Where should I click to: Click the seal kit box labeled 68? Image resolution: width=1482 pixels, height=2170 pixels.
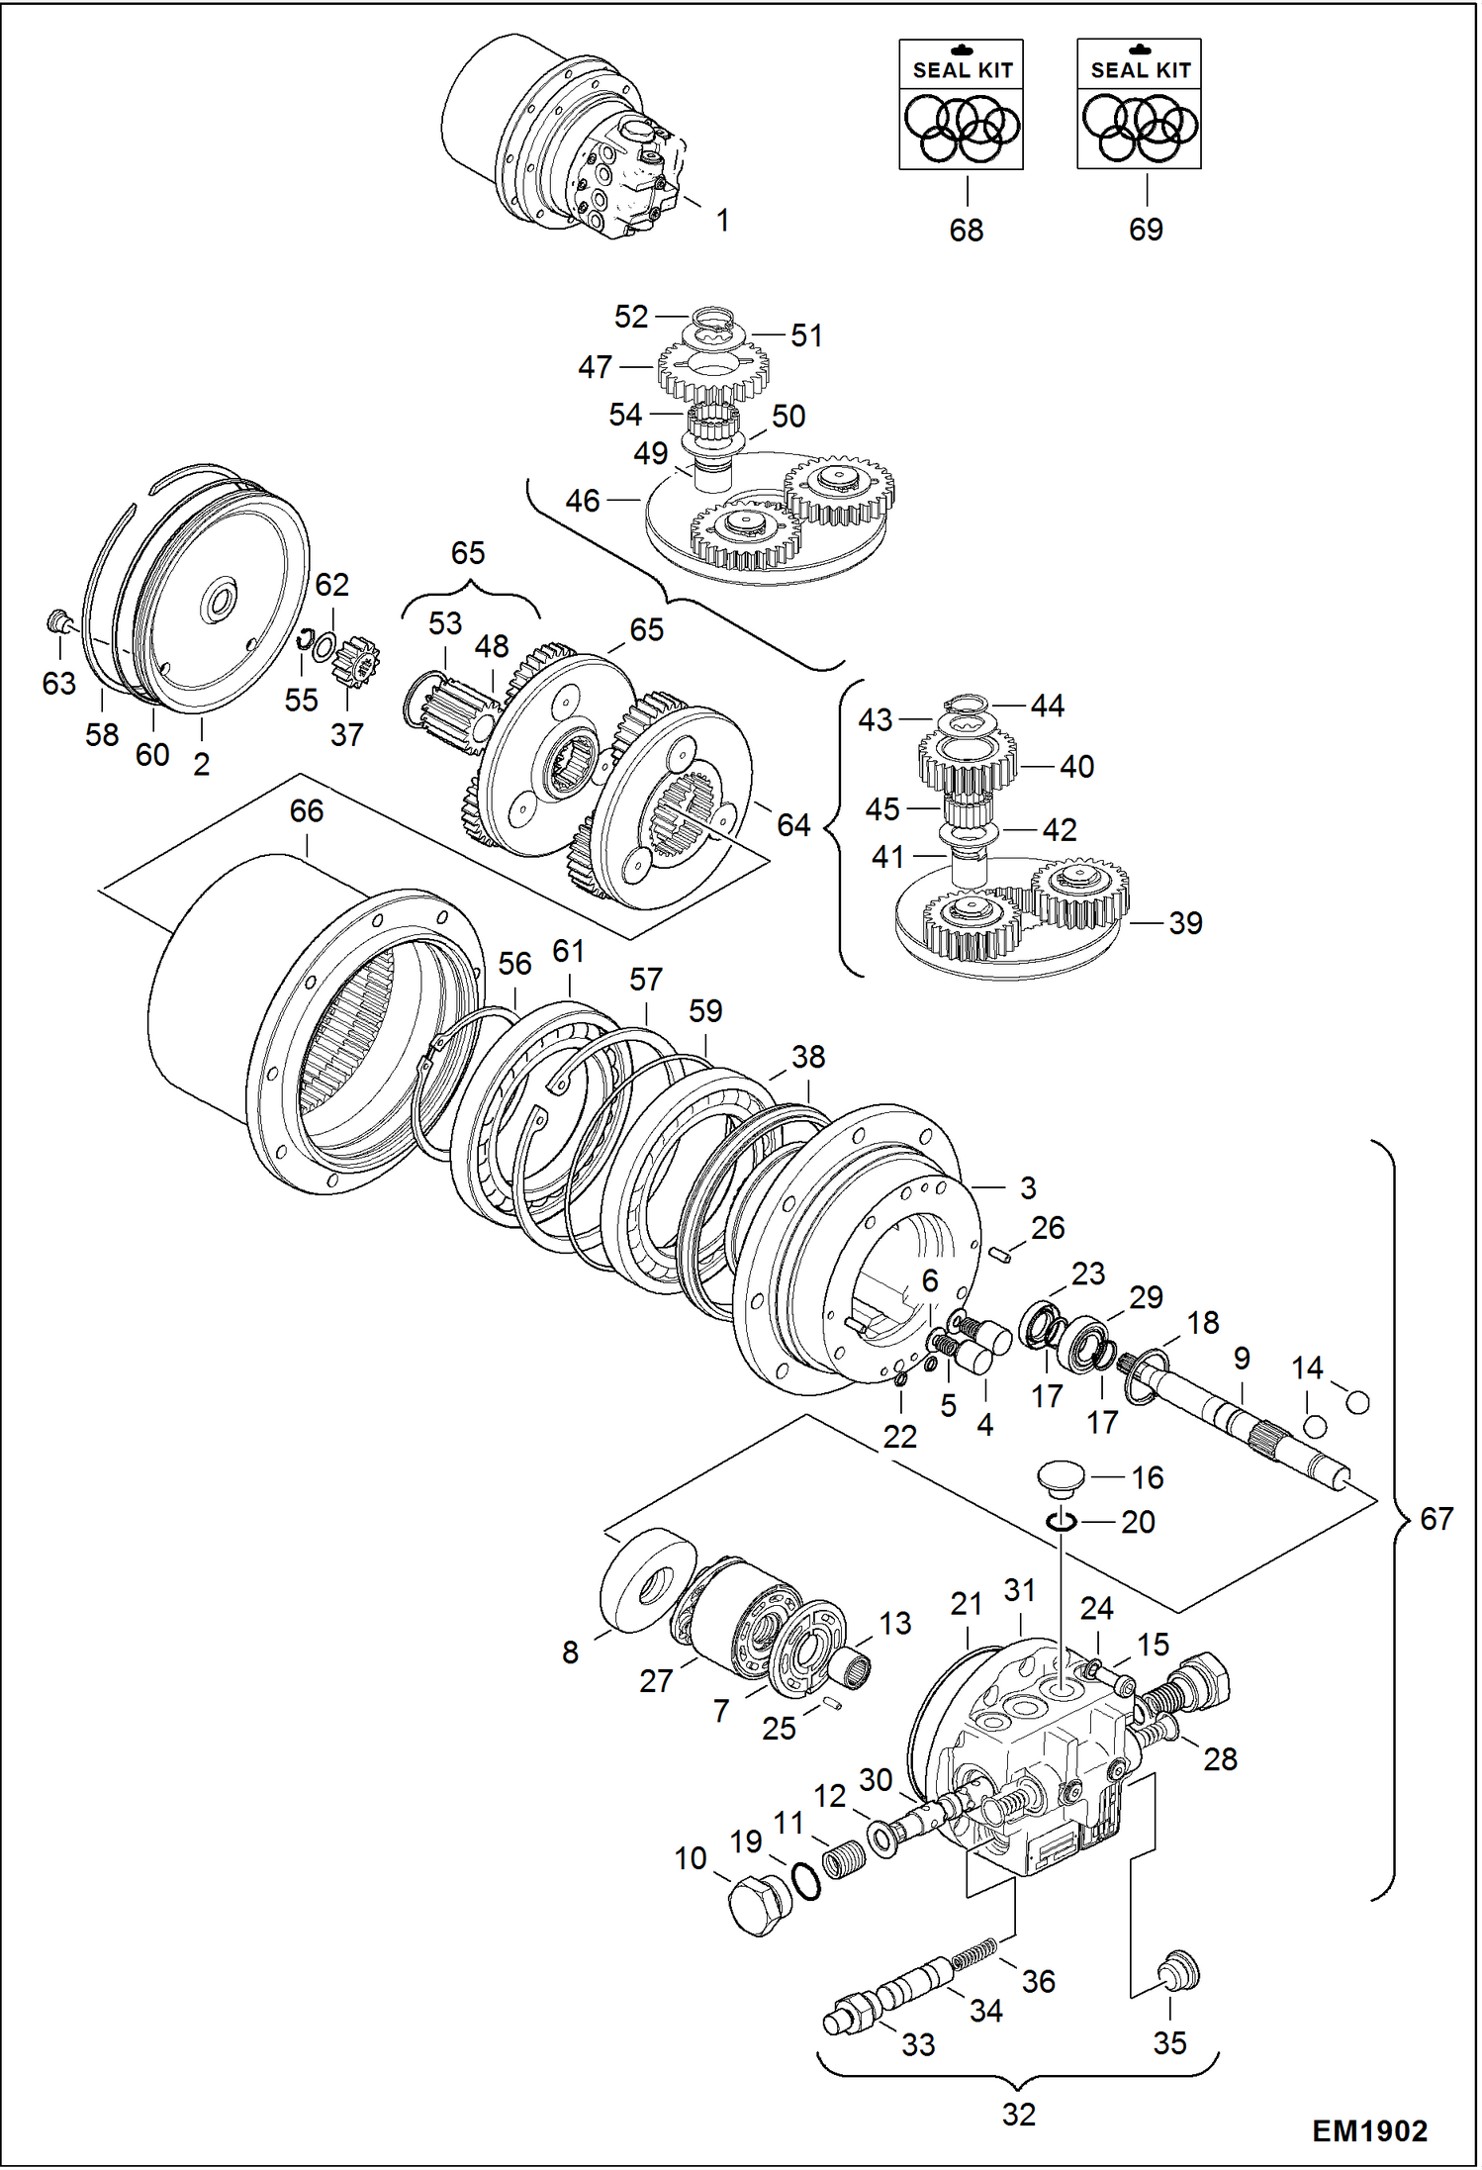[961, 104]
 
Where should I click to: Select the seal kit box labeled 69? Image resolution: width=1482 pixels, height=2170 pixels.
[1139, 104]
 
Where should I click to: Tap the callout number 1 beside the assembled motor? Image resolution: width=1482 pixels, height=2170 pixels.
[722, 220]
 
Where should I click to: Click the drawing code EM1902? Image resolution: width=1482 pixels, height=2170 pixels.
[1369, 2130]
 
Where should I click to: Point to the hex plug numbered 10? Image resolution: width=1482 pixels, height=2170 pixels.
[760, 1905]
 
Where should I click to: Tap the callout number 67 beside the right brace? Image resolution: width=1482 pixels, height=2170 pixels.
[1436, 1518]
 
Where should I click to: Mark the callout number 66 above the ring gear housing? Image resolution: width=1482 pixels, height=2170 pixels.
[307, 810]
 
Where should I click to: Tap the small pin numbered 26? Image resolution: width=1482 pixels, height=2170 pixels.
[1000, 1255]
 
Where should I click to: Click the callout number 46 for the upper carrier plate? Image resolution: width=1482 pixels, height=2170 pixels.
[583, 501]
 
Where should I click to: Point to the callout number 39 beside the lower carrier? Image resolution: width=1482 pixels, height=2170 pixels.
[1185, 922]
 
